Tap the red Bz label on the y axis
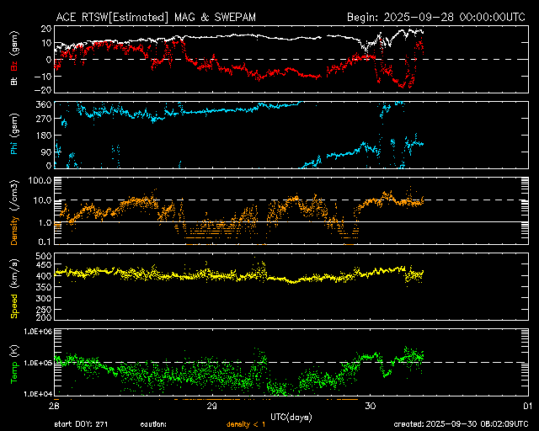(x=14, y=62)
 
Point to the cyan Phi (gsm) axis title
(x=14, y=133)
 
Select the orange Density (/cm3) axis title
(x=14, y=210)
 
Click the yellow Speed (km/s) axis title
(x=14, y=286)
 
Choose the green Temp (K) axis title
(x=14, y=363)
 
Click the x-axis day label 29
(x=212, y=406)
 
